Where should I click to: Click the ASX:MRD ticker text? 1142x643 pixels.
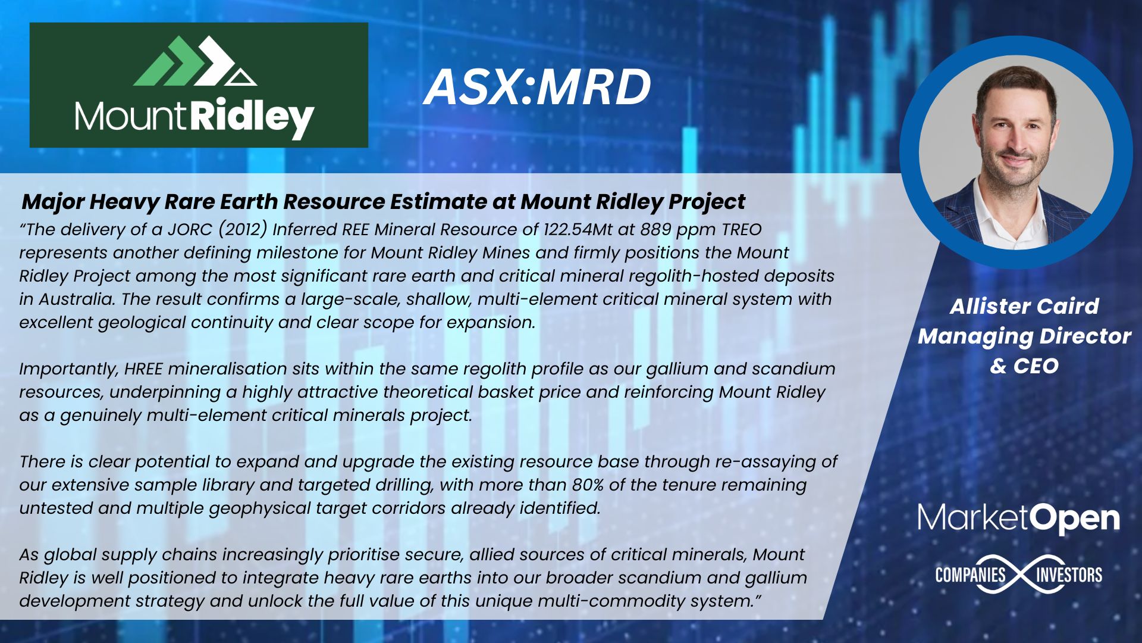tap(537, 88)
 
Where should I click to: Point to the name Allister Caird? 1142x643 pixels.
tap(1024, 306)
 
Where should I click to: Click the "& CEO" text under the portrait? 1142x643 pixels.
tap(1024, 366)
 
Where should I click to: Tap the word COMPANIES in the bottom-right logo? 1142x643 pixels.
tap(970, 575)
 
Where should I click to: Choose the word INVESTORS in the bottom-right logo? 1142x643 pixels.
tap(1069, 575)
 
